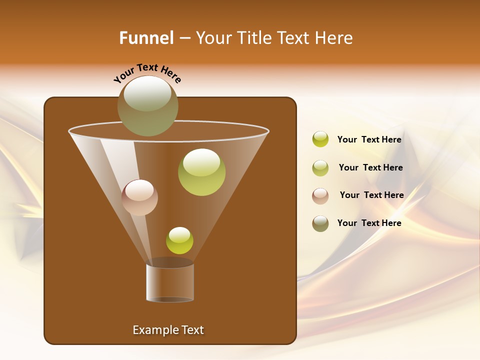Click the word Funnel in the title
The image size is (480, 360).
(146, 38)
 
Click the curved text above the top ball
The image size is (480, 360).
(147, 72)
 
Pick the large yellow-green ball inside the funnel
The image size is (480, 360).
(201, 172)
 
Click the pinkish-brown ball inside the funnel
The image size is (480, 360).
(139, 197)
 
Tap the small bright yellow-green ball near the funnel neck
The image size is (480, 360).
(179, 240)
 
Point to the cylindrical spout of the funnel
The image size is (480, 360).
(170, 282)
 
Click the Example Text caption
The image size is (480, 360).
(168, 330)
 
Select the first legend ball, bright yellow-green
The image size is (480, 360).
(320, 139)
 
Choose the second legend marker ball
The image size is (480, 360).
(320, 168)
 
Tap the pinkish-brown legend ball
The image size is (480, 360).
(320, 196)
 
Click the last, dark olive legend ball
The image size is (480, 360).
(320, 223)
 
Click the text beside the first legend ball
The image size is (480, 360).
(369, 140)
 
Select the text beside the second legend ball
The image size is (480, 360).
(370, 168)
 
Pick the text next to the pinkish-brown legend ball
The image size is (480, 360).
(371, 195)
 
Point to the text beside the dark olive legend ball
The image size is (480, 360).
(369, 223)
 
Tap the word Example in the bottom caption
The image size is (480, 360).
(151, 330)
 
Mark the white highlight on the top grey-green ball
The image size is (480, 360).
(147, 93)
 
